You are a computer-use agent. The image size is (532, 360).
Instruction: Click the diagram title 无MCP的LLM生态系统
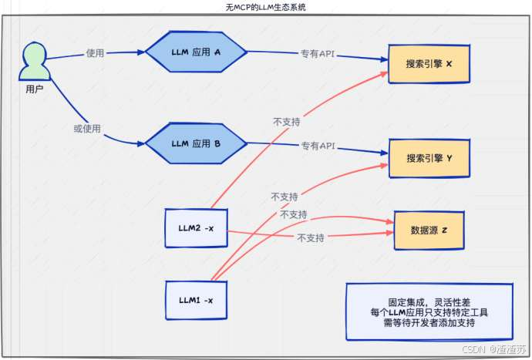266,7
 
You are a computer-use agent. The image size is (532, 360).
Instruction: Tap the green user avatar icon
34,62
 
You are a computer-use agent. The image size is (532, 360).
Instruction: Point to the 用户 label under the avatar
34,90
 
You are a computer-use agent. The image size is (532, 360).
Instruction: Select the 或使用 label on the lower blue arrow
86,127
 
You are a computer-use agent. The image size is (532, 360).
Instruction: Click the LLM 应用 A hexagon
196,52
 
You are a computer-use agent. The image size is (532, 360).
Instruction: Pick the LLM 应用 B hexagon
196,143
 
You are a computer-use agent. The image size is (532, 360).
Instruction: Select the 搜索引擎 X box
429,63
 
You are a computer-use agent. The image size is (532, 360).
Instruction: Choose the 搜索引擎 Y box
429,158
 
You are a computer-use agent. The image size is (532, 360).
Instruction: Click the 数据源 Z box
429,230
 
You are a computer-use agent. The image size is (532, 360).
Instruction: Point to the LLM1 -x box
197,300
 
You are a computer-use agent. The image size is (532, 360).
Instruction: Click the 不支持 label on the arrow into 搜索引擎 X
286,122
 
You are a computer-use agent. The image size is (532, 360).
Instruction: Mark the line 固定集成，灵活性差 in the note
428,303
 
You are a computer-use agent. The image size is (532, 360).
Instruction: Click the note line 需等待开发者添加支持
429,325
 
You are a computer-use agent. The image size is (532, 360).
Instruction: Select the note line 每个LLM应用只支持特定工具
429,314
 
